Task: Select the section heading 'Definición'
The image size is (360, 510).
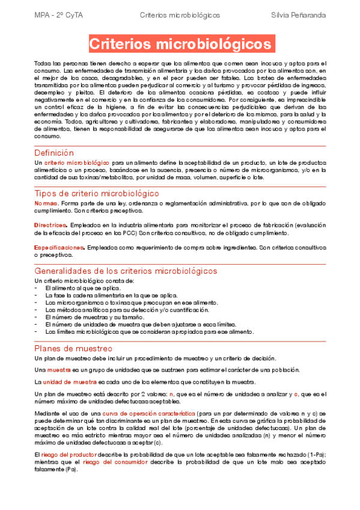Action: point(54,153)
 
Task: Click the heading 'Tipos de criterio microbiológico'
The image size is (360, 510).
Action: point(97,193)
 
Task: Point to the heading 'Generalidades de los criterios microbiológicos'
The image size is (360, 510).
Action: point(126,271)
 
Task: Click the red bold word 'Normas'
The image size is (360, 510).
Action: point(46,203)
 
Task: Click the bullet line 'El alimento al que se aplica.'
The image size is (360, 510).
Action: point(83,288)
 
